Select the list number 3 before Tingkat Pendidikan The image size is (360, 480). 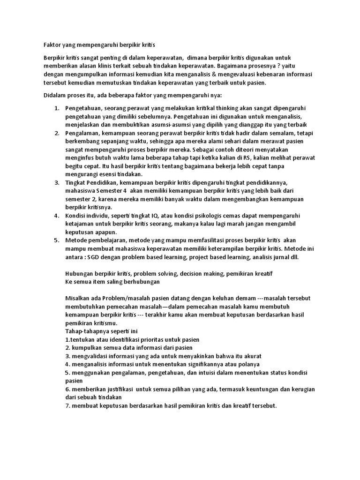[56, 182]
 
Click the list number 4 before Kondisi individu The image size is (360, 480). [56, 216]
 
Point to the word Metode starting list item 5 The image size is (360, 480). [76, 240]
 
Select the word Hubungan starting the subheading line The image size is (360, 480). [80, 274]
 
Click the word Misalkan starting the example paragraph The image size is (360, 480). [79, 299]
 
